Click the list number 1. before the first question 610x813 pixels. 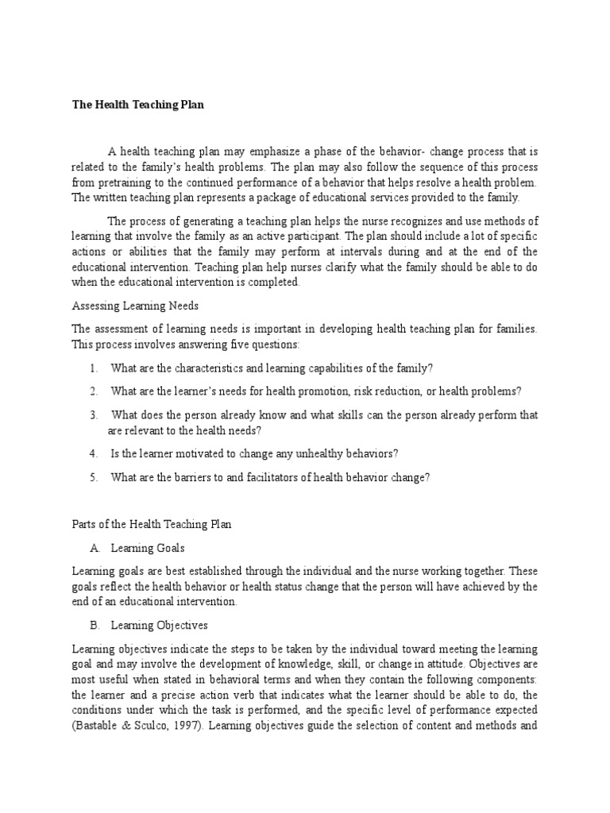tap(94, 368)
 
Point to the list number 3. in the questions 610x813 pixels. tap(94, 414)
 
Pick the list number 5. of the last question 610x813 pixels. tap(94, 476)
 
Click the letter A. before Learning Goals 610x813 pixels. tap(95, 548)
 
